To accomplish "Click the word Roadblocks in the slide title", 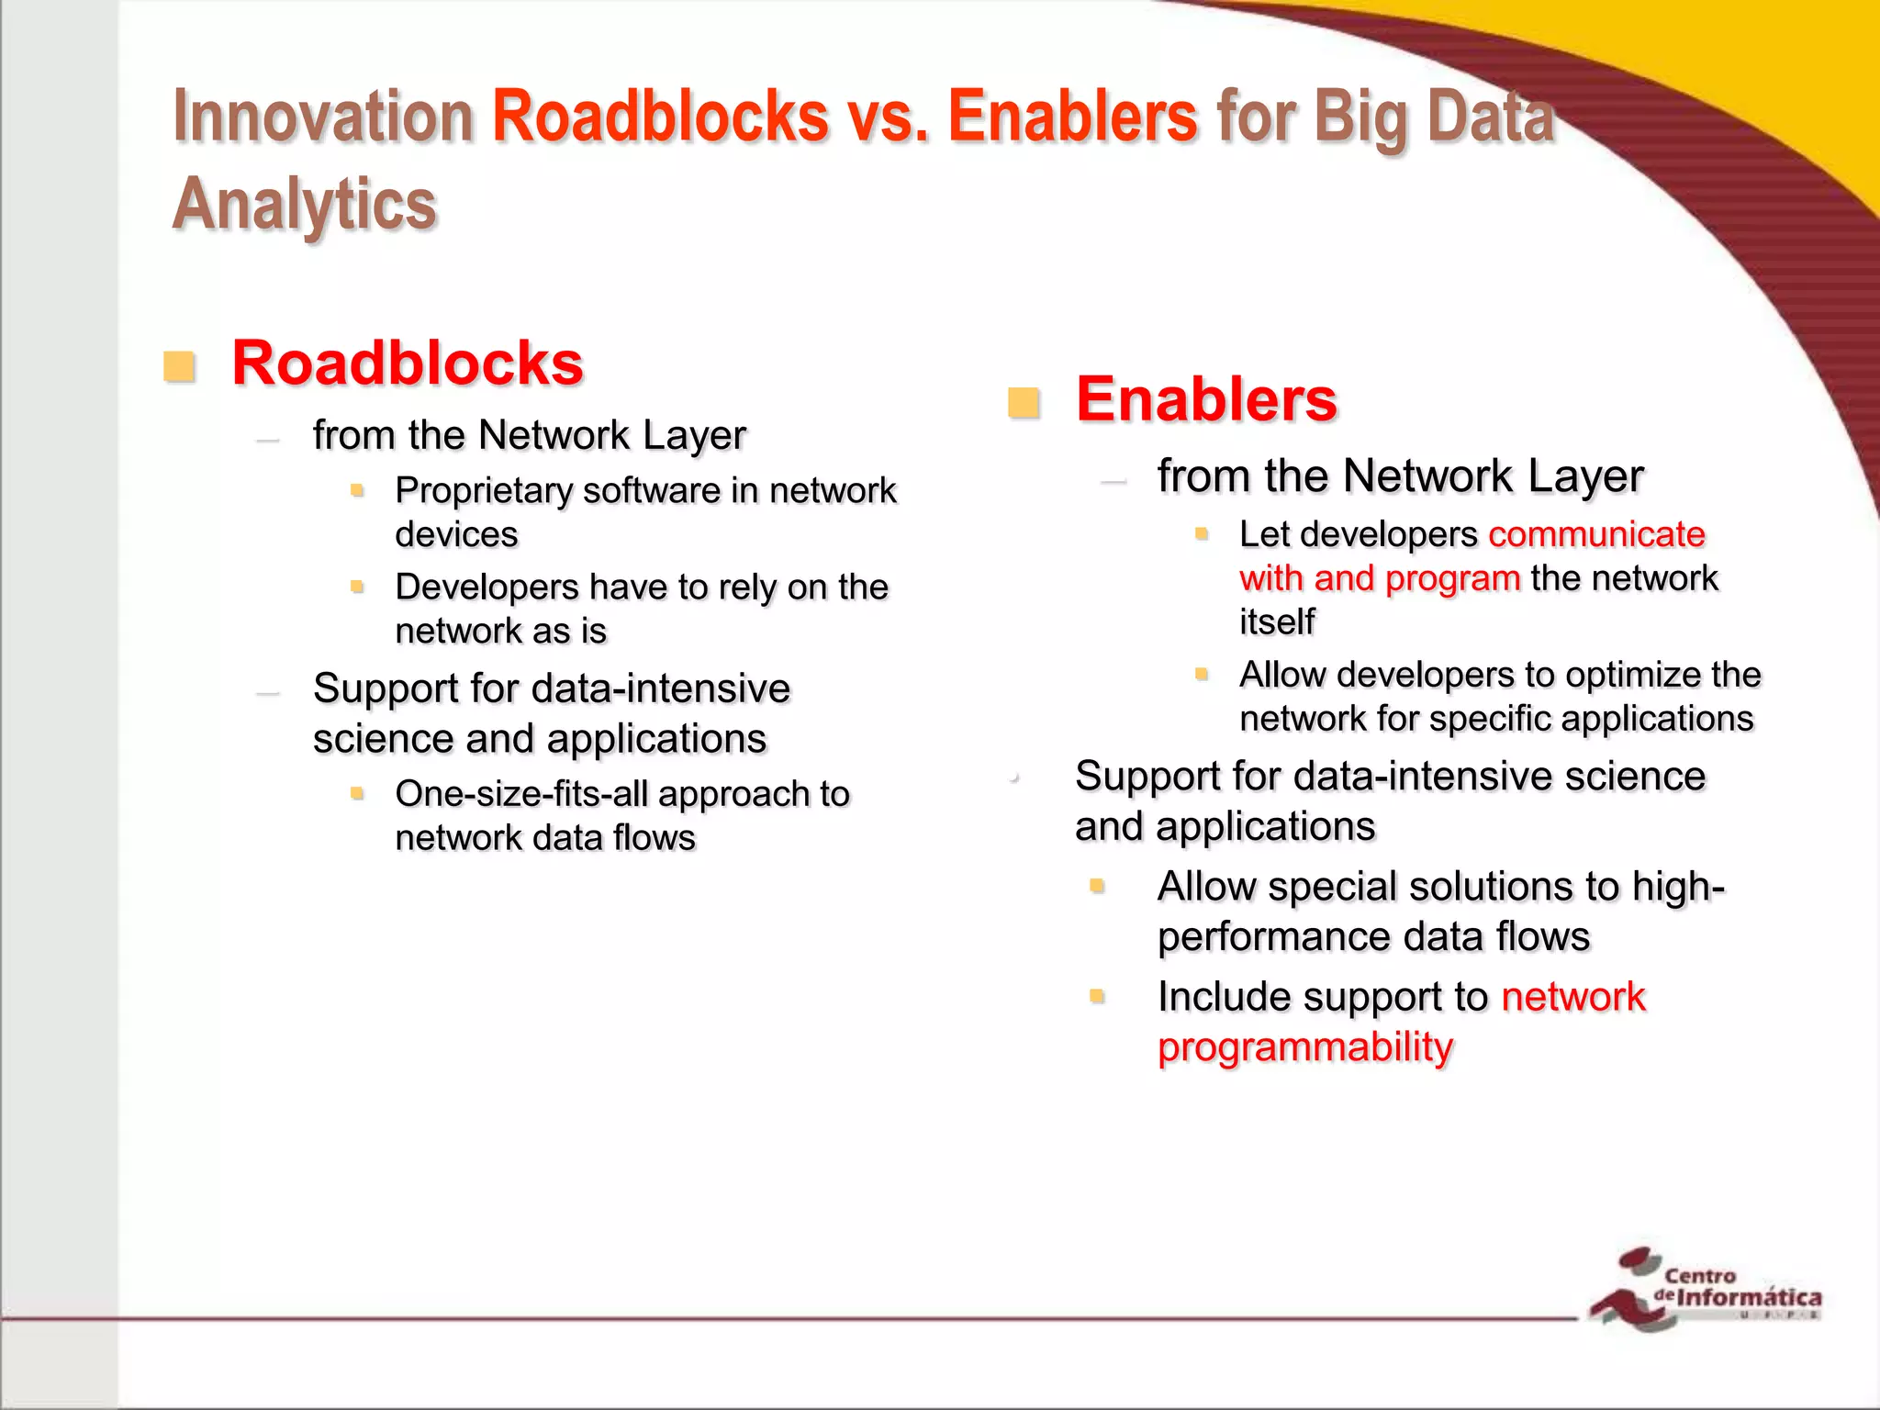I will pyautogui.click(x=661, y=117).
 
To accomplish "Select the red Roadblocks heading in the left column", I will pyautogui.click(x=408, y=364).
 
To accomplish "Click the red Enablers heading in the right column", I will pyautogui.click(x=1206, y=400).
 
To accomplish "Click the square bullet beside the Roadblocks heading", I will pyautogui.click(x=179, y=366).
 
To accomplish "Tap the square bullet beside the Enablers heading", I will pyautogui.click(x=1024, y=403).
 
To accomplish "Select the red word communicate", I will pyautogui.click(x=1596, y=534).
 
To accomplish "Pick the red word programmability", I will pyautogui.click(x=1305, y=1047).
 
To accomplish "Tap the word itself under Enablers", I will pyautogui.click(x=1277, y=622).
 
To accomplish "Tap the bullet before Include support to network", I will pyautogui.click(x=1097, y=996).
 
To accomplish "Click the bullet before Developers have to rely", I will pyautogui.click(x=358, y=586).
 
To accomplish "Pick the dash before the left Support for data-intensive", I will pyautogui.click(x=268, y=693).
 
